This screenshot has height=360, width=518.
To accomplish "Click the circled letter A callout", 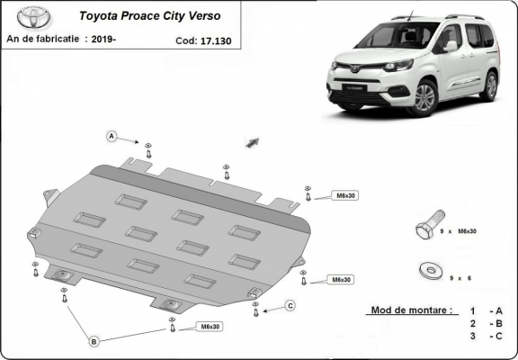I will pyautogui.click(x=112, y=137).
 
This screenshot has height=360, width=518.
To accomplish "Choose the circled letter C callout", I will pyautogui.click(x=290, y=306).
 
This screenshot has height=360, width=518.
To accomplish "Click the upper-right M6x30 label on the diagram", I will pyautogui.click(x=345, y=195).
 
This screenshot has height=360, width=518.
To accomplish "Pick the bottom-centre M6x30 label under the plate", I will pyautogui.click(x=210, y=326).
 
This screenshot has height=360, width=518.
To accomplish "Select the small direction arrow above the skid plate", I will pyautogui.click(x=252, y=142).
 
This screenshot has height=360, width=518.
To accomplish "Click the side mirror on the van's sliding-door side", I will pyautogui.click(x=450, y=45).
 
